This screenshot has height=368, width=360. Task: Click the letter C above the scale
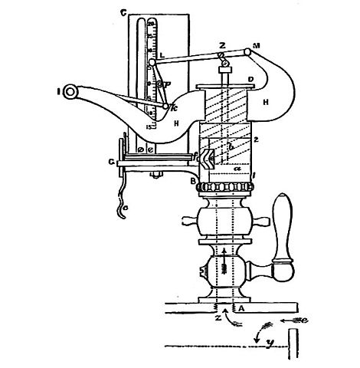coord(123,12)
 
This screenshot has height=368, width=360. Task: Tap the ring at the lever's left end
coord(70,93)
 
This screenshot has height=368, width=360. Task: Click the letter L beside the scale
coord(162,57)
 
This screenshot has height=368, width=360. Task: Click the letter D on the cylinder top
coord(250,78)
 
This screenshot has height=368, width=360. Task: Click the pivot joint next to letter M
coord(247,52)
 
